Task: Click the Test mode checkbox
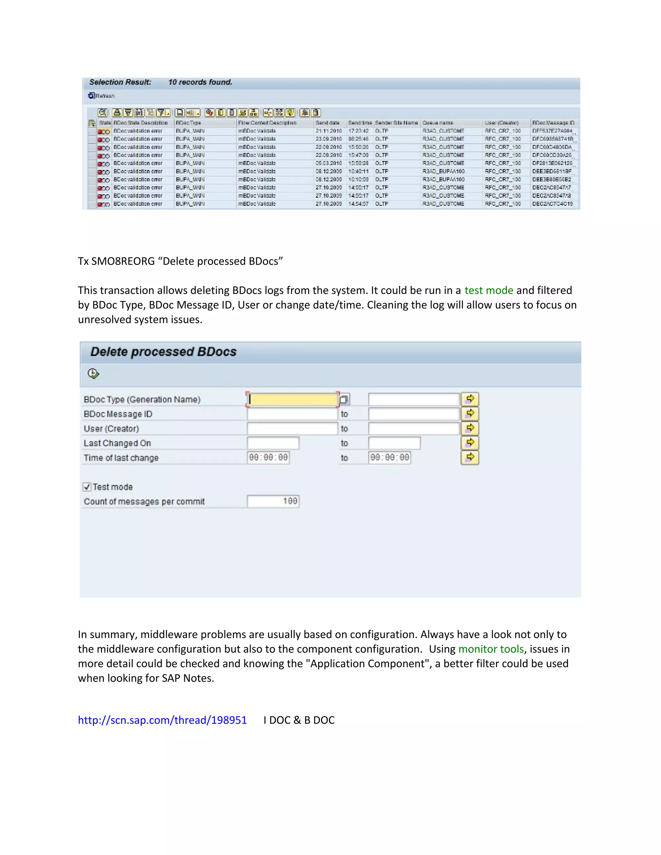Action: tap(87, 487)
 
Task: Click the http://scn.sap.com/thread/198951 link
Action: tap(162, 720)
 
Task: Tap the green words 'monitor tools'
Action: tap(491, 649)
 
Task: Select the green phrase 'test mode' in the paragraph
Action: tap(488, 290)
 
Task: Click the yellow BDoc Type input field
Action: tap(293, 399)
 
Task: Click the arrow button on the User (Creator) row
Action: tap(470, 428)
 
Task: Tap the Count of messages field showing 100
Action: tap(273, 501)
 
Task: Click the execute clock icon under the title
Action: tap(93, 374)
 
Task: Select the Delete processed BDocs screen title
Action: tap(163, 352)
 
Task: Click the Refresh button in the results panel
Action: tap(101, 96)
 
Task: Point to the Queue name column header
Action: tap(437, 123)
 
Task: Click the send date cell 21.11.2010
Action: tap(329, 131)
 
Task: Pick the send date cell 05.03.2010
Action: tap(329, 163)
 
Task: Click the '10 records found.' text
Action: tap(200, 82)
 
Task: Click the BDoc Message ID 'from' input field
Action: tap(292, 414)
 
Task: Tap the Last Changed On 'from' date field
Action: tap(273, 443)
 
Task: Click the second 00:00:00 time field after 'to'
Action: tap(389, 457)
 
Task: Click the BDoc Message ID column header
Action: tap(553, 123)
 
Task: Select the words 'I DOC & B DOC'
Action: tap(299, 720)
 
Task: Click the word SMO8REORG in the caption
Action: tap(123, 261)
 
